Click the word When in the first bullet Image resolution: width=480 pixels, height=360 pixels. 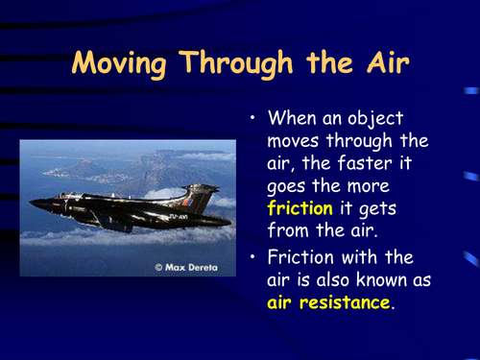pyautogui.click(x=292, y=119)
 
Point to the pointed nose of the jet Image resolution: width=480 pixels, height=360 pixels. pyautogui.click(x=34, y=204)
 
